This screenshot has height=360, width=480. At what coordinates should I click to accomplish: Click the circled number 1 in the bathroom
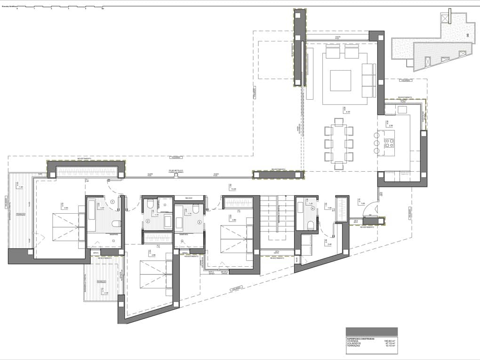click(x=112, y=202)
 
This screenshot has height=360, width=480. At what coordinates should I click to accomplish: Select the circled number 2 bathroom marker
click(x=147, y=221)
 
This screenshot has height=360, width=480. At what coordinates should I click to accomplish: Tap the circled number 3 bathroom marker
click(x=199, y=222)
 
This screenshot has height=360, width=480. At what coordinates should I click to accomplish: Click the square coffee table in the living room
click(x=340, y=80)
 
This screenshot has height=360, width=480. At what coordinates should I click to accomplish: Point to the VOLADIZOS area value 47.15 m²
click(x=389, y=344)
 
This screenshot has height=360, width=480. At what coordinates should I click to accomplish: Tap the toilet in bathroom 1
click(x=116, y=224)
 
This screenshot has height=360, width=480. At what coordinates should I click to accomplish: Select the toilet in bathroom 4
click(x=311, y=225)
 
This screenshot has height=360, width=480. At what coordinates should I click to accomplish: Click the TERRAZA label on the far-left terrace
click(x=20, y=214)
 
